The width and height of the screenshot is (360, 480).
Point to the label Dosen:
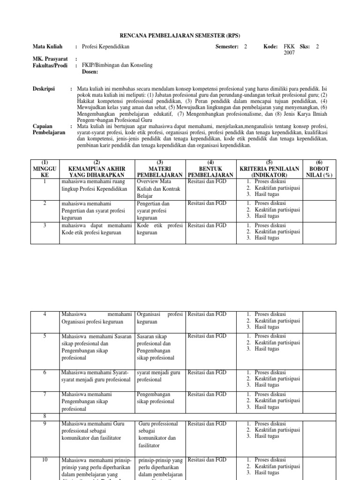click(x=90, y=72)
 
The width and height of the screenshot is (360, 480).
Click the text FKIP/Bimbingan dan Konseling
click(x=117, y=65)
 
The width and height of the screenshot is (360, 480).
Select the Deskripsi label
click(x=44, y=88)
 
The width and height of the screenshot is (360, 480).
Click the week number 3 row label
click(x=45, y=225)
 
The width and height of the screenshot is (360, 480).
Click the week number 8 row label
click(x=45, y=415)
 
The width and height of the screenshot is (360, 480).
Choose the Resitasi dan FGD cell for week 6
click(x=207, y=373)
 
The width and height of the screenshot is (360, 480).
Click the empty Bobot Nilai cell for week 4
click(x=319, y=321)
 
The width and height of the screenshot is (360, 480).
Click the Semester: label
click(x=227, y=47)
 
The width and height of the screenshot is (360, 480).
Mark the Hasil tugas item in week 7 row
click(x=266, y=407)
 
